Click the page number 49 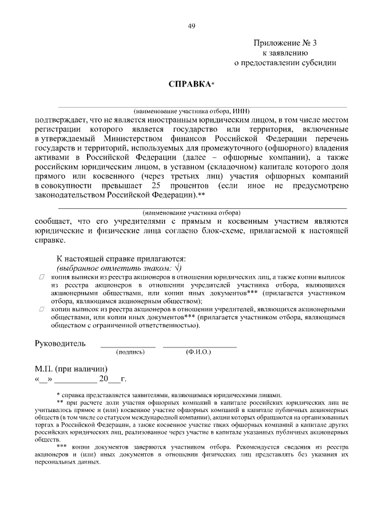click(x=191, y=25)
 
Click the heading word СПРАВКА click(x=188, y=84)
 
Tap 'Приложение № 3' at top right click(x=285, y=43)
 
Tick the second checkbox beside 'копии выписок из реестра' click(x=42, y=309)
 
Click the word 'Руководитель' click(x=61, y=343)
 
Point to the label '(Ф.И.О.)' click(x=198, y=353)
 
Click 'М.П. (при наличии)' click(x=71, y=369)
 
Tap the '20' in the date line click(x=104, y=379)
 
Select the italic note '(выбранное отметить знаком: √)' click(x=118, y=267)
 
